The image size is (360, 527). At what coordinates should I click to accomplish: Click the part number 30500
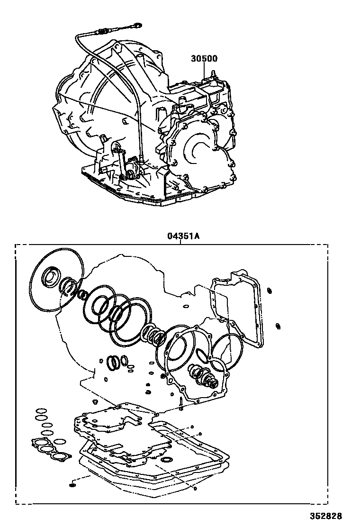click(x=204, y=59)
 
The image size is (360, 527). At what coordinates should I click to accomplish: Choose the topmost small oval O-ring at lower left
click(x=41, y=410)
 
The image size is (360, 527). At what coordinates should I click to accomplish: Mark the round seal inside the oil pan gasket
click(x=167, y=459)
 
